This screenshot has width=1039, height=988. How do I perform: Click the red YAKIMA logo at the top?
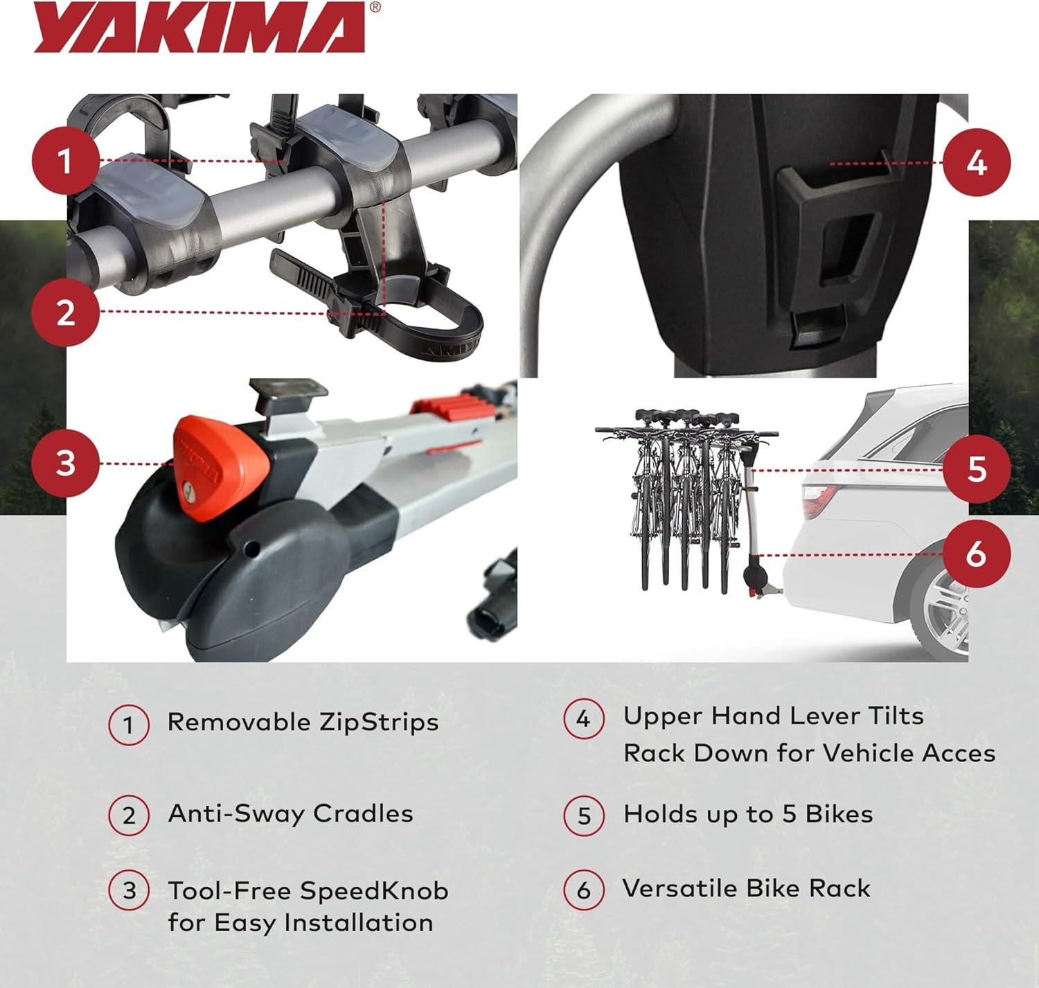tap(199, 28)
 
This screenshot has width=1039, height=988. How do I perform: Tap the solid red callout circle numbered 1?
tap(66, 160)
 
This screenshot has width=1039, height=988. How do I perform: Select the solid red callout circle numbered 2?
tap(66, 312)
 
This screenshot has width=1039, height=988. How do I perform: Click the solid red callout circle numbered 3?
tap(66, 463)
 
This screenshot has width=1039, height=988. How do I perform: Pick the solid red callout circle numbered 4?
tap(977, 162)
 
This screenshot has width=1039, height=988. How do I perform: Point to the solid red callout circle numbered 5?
tap(977, 469)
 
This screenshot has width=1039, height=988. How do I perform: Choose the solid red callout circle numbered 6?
tap(977, 554)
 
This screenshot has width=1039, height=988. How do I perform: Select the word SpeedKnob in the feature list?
tap(374, 891)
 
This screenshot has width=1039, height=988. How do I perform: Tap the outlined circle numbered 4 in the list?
tap(583, 718)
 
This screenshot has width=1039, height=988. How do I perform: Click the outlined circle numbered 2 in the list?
tap(129, 815)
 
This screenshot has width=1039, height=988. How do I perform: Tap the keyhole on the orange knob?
tap(188, 493)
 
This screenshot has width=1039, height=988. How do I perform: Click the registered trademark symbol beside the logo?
tap(375, 7)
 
